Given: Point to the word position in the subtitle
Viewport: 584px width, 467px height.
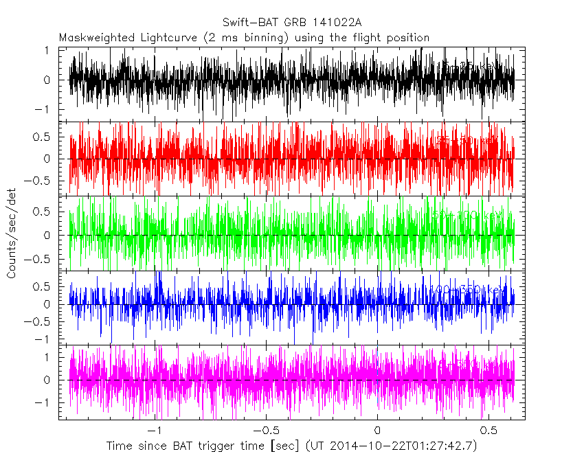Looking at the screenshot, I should click(x=407, y=37).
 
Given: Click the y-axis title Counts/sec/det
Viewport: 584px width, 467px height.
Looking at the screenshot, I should click(x=12, y=235).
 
